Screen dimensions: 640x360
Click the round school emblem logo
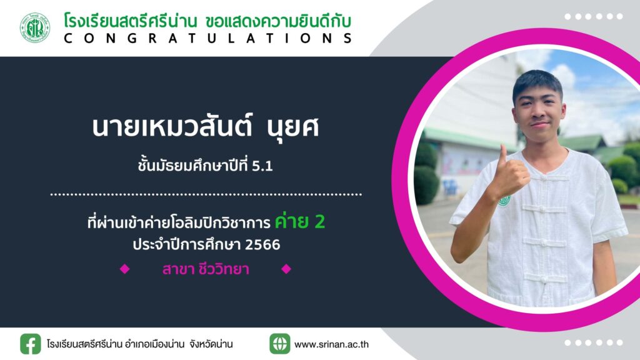(x=35, y=27)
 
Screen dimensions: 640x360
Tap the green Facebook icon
(x=31, y=344)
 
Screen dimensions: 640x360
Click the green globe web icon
(x=280, y=344)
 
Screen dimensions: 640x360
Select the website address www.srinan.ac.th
(x=331, y=344)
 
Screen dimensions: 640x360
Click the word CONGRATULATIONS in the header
(x=208, y=38)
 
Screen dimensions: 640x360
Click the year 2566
(x=262, y=244)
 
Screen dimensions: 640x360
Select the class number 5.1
(x=262, y=166)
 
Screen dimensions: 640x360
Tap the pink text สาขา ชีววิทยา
(x=206, y=269)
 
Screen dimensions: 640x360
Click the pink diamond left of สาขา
(x=124, y=269)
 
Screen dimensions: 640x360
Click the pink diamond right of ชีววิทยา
(x=286, y=269)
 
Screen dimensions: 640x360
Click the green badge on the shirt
(x=504, y=199)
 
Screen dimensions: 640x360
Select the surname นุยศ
(x=292, y=127)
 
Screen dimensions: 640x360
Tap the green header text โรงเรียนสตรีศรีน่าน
(x=131, y=21)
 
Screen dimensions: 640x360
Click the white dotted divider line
(x=206, y=195)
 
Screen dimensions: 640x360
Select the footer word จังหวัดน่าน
(x=211, y=344)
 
